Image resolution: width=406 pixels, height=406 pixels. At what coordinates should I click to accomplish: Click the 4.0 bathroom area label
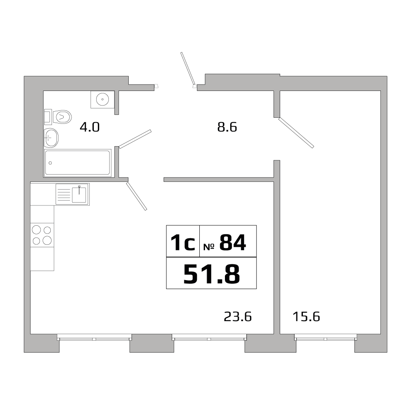[x=89, y=127]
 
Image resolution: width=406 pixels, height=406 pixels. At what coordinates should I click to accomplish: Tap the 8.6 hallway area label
[x=227, y=127]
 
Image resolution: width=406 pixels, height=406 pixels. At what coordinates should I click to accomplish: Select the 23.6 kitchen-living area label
[x=238, y=316]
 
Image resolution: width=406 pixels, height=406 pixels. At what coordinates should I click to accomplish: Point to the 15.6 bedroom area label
[x=306, y=316]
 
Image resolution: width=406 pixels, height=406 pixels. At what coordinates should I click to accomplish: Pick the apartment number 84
[x=233, y=243]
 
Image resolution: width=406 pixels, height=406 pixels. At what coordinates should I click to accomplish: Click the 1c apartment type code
[x=183, y=243]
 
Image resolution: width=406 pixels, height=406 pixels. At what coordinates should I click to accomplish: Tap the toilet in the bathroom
[x=61, y=117]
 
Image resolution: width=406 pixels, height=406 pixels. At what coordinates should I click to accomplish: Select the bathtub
[x=78, y=163]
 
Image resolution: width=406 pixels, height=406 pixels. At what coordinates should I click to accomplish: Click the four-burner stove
[x=42, y=235]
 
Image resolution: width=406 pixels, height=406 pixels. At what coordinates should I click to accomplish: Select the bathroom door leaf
[x=135, y=139]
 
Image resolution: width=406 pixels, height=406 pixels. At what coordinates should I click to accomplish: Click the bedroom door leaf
[x=296, y=132]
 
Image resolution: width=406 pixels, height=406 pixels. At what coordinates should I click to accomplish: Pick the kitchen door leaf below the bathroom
[x=136, y=197]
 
